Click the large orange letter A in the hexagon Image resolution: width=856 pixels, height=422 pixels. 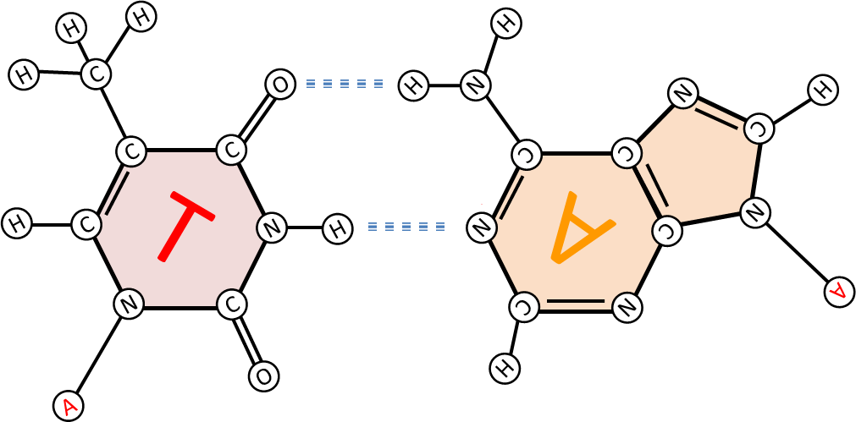click(x=583, y=227)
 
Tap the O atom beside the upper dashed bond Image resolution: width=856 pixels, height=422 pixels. click(x=280, y=85)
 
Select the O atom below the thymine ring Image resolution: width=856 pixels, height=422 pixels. click(x=263, y=376)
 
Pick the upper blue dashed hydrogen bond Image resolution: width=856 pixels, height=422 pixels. click(x=345, y=85)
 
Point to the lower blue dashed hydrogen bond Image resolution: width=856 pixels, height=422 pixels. click(x=406, y=227)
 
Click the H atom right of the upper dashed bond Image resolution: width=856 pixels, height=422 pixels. click(x=413, y=85)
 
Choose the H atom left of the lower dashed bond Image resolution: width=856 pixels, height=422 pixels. click(x=337, y=228)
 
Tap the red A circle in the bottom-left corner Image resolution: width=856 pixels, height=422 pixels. click(x=69, y=406)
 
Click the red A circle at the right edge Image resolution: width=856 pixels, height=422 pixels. click(x=839, y=292)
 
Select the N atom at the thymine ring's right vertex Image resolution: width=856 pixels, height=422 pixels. click(x=271, y=227)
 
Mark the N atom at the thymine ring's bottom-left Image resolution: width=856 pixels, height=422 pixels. click(x=129, y=304)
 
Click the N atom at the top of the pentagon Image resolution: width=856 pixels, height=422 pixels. click(x=683, y=93)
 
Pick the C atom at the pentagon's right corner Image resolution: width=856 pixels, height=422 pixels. click(x=759, y=129)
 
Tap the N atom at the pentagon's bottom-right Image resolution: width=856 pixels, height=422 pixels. click(x=754, y=212)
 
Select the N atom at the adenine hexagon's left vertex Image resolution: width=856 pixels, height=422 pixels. click(x=482, y=227)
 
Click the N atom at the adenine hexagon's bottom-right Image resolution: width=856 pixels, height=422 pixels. click(x=627, y=307)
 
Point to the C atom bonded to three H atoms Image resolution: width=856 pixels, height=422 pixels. click(x=96, y=74)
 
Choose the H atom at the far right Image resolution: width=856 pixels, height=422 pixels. click(x=822, y=90)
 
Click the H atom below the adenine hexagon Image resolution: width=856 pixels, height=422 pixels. click(x=505, y=369)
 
